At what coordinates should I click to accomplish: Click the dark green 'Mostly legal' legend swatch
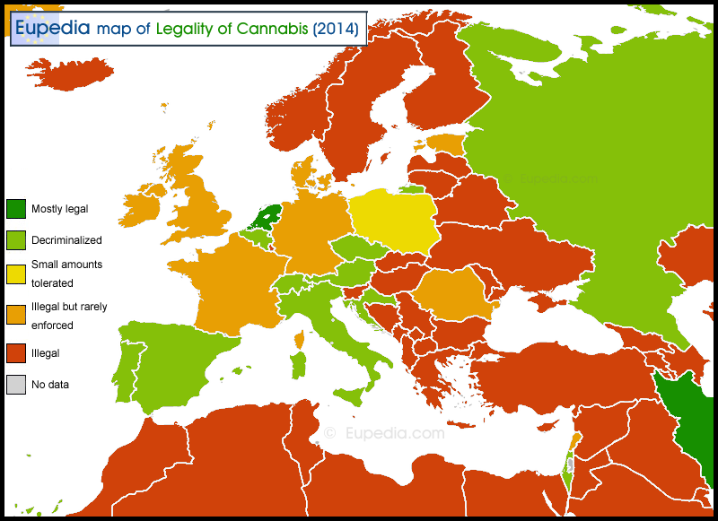16,209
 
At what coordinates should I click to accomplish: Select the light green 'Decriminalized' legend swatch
16,239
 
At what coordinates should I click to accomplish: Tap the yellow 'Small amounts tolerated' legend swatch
16,274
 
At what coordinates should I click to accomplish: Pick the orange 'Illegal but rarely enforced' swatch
16,315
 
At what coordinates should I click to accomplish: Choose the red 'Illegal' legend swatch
16,353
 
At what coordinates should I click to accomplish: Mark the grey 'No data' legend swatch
16,384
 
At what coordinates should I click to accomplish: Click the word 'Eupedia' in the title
52,27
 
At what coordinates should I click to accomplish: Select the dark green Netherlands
267,218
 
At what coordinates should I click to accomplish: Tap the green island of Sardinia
299,366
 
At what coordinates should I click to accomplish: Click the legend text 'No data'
50,384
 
